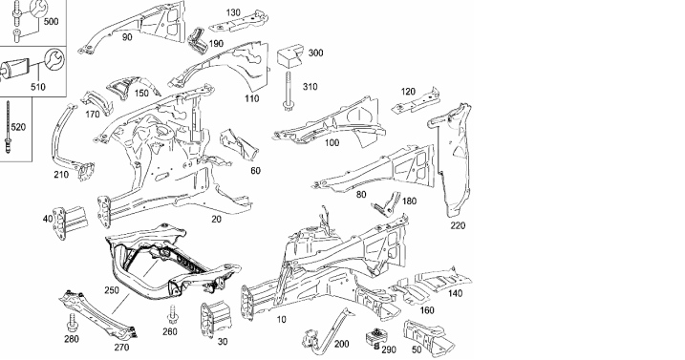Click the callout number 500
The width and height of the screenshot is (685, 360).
tap(51, 21)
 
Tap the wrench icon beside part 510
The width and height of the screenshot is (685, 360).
tap(54, 59)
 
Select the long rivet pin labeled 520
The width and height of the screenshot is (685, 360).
tap(8, 127)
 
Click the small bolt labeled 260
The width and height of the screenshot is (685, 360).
tap(172, 315)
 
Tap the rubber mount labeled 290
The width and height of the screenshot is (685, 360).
tap(374, 339)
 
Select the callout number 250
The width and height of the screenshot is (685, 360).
tap(112, 290)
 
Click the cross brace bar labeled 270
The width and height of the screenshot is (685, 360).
tap(98, 314)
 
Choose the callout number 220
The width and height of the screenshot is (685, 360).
tap(458, 225)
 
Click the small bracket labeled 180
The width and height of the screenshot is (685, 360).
tap(387, 204)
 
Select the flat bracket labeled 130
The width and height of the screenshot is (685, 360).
tap(239, 23)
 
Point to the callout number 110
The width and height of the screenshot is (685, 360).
tap(251, 98)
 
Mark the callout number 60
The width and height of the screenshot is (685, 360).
tap(256, 170)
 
